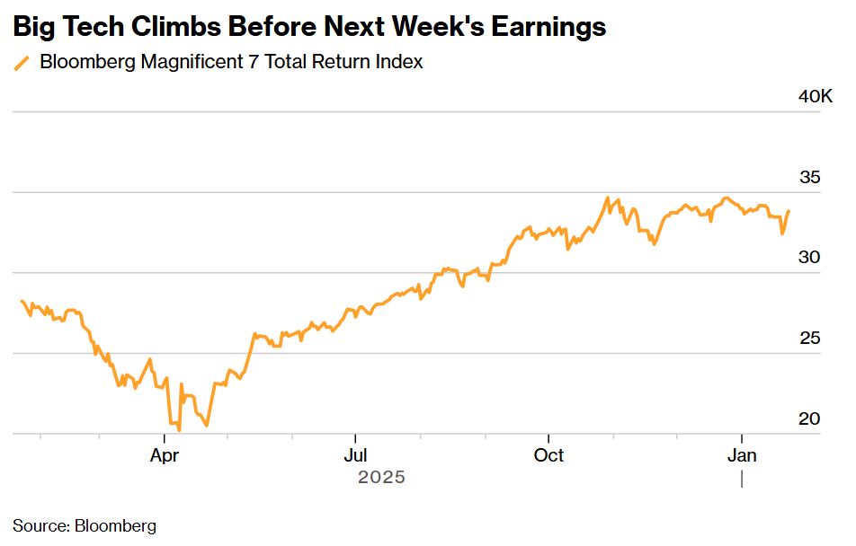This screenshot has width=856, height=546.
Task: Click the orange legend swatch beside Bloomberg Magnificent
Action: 22,63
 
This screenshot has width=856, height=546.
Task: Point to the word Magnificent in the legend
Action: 189,63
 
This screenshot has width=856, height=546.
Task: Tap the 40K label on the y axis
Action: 815,97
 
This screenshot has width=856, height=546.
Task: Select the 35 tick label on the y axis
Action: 809,178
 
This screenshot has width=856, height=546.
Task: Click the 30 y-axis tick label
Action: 809,258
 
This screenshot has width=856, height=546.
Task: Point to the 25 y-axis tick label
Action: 809,339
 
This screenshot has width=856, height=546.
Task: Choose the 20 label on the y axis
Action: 809,419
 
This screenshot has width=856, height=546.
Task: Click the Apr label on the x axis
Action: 165,455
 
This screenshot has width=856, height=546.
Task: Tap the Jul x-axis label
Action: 356,455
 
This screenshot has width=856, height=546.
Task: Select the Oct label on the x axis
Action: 548,455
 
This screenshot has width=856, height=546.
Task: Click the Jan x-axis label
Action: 742,455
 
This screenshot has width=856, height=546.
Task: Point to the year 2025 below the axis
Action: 381,478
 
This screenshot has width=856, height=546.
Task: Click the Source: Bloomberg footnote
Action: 85,526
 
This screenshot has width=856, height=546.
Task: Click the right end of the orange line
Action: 789,211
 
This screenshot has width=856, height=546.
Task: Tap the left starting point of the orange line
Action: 22,301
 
